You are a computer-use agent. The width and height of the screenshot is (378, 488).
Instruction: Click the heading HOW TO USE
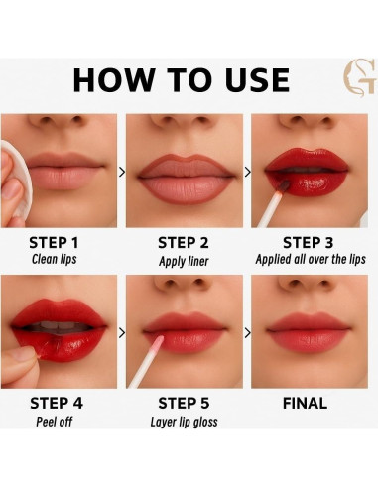pos(182,80)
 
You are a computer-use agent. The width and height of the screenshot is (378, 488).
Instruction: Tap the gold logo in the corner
pos(360,78)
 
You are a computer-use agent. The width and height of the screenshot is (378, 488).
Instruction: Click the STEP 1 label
pos(54,243)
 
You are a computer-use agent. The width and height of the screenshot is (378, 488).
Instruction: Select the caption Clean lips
pos(55,259)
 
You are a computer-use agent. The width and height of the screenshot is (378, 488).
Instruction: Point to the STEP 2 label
pos(184,243)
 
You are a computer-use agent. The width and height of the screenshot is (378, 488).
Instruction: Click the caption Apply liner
pos(184,261)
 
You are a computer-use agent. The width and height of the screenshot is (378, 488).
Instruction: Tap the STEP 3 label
pos(309,243)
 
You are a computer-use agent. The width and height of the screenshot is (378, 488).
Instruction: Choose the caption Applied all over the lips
pos(311,259)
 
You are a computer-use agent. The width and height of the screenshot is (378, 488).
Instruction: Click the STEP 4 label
pos(57,404)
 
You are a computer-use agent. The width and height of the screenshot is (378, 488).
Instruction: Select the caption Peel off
pos(55,422)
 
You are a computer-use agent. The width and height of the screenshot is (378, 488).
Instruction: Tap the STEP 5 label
pos(184,404)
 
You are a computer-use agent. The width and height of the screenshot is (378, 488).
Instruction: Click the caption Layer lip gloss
pos(184,422)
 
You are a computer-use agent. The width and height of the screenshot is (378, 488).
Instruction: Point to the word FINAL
pos(305,404)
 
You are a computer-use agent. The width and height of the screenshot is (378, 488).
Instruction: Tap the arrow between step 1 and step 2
pos(122,172)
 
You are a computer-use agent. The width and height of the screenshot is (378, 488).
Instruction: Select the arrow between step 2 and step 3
pos(247,172)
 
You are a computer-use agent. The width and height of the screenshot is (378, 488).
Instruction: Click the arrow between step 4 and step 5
pos(122,333)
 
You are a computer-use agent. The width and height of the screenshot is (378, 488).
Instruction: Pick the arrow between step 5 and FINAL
pos(247,333)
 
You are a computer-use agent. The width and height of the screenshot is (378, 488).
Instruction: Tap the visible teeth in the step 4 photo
pos(57,325)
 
